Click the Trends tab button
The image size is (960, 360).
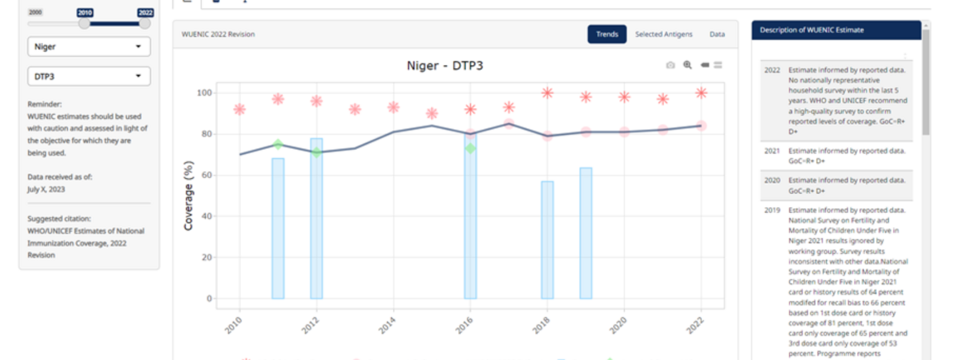coord(607,34)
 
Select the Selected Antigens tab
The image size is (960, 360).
coord(664,34)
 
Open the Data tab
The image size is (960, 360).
coord(717,34)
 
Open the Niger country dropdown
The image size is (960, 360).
coord(89,47)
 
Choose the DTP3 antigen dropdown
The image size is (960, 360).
coord(89,77)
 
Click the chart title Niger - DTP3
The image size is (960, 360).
coord(445,65)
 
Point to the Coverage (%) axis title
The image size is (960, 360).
coord(188,196)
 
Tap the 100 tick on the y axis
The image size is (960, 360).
coord(204,93)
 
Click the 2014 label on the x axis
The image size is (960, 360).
coord(387,325)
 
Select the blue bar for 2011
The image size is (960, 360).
coord(278,228)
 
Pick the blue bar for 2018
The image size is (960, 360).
coord(547,240)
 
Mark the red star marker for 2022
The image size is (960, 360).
coord(701,93)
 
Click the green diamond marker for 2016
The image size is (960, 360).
coord(470,148)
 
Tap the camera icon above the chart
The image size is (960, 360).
coord(670,65)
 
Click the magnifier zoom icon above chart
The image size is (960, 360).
coord(688,65)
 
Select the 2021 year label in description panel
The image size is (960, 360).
coord(772,151)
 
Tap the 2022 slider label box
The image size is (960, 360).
coord(145,13)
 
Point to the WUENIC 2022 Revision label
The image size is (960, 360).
coord(218,34)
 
